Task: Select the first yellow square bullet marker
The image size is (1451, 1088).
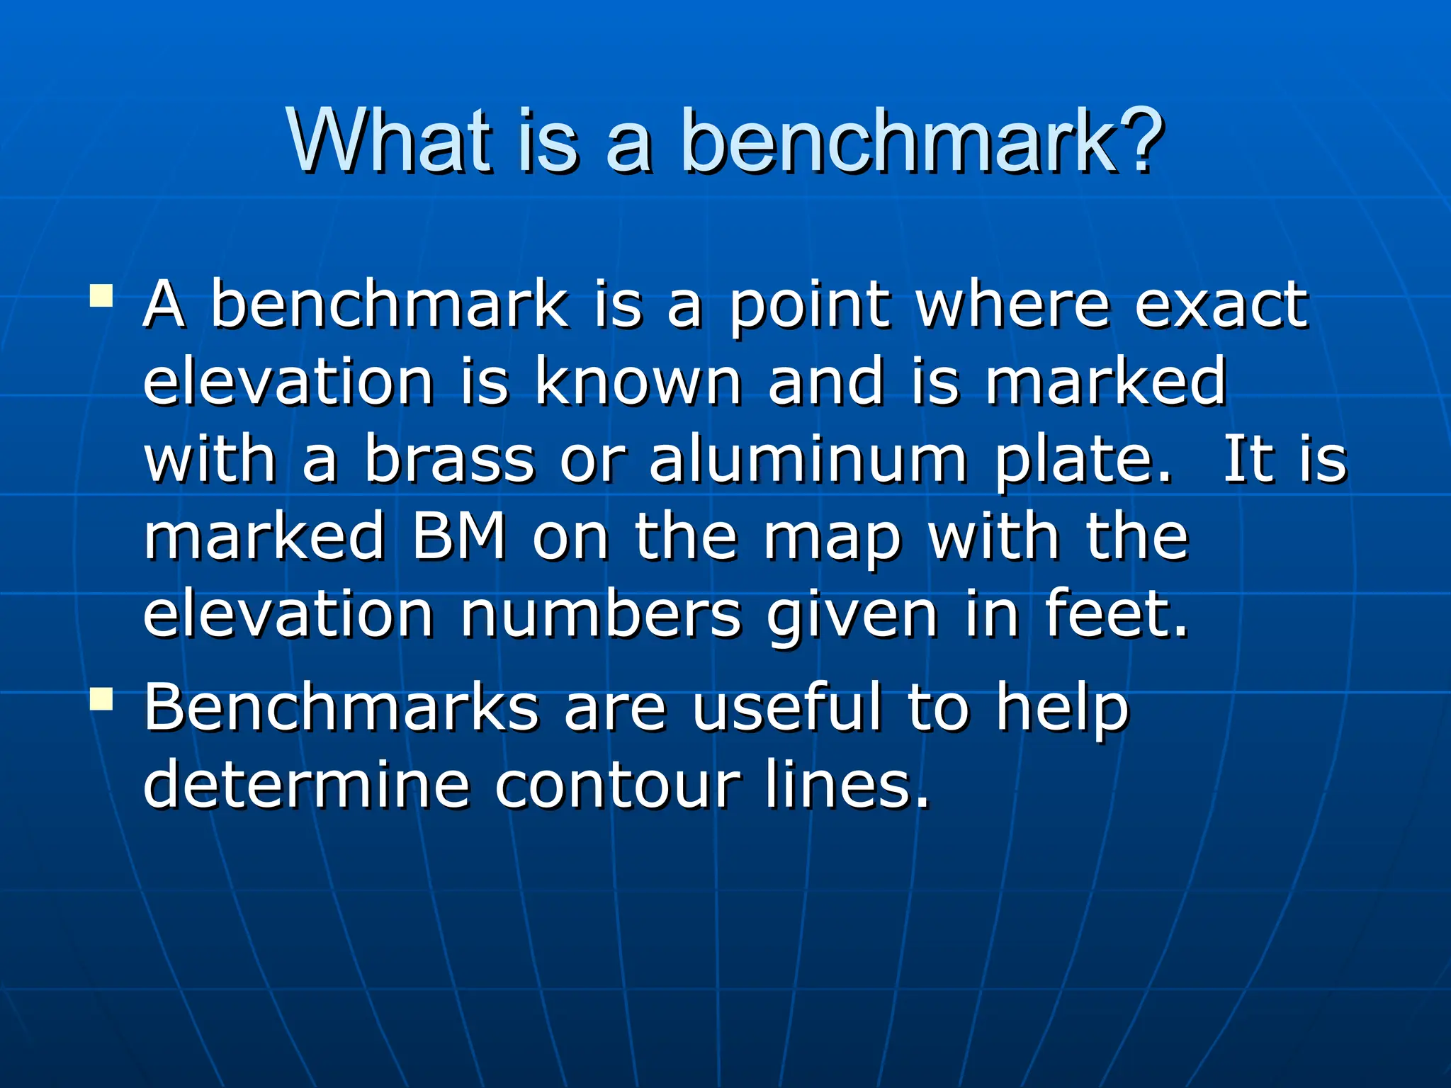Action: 101,295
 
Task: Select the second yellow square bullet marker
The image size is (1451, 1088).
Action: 101,699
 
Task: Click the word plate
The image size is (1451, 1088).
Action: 1083,460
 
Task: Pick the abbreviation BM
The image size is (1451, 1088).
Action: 459,536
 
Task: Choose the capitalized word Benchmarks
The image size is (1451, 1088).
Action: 341,706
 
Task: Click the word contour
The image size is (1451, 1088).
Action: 617,786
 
